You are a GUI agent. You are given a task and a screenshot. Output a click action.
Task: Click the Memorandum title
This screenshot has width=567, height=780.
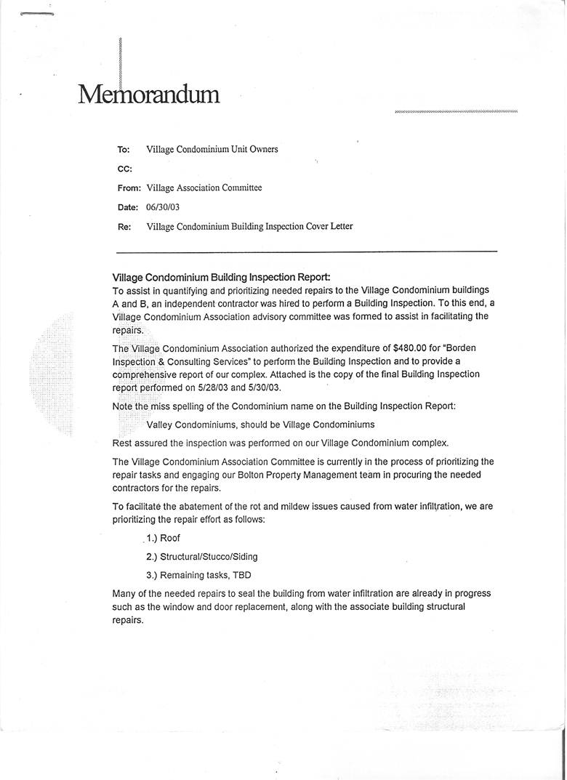coord(148,95)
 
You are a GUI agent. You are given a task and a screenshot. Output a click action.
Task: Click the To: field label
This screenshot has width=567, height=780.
coord(124,150)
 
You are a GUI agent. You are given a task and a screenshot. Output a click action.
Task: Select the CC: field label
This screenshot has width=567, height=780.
coord(124,169)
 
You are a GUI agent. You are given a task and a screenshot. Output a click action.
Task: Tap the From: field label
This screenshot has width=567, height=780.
coord(129,188)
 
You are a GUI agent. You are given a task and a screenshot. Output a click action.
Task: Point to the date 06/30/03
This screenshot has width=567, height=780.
coord(163,207)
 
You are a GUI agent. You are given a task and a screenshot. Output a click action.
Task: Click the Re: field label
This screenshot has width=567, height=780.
coord(124,227)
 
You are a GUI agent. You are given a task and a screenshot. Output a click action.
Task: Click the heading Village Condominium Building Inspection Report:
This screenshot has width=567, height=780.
coord(221,278)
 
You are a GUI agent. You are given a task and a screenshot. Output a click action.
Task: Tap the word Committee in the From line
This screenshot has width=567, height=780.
coord(241,188)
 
